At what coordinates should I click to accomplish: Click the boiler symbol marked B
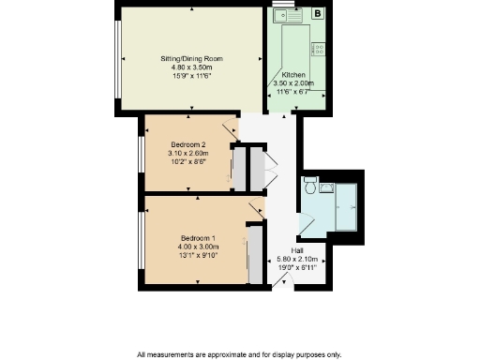317,14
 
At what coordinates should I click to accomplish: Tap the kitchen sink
284,15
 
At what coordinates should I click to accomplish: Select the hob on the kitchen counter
319,49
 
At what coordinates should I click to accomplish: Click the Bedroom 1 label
199,237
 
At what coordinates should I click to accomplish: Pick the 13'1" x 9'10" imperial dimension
199,255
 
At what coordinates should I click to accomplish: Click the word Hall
296,250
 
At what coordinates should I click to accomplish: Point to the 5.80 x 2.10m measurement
296,259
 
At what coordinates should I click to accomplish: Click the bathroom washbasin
326,187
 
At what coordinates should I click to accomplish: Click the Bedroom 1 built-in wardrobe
253,253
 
